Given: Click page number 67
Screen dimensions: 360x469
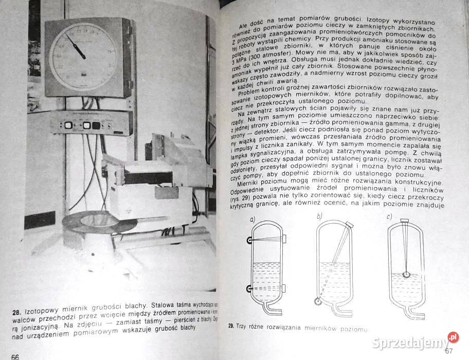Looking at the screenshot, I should point(448,351).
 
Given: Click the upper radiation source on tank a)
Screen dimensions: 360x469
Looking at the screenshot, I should point(249,240).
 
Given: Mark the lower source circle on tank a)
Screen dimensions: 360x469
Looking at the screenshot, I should point(249,289).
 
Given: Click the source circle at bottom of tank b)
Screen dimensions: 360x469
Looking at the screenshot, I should point(318,302).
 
